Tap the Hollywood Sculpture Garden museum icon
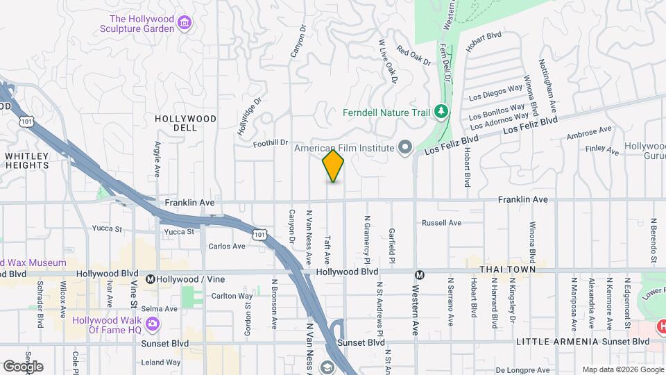[185, 24]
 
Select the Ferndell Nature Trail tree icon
[439, 112]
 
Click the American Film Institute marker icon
[405, 147]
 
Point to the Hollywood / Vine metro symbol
[150, 279]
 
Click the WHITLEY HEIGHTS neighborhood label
[27, 160]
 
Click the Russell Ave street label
[442, 223]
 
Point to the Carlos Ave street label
[228, 246]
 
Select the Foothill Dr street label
[271, 142]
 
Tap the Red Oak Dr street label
[413, 55]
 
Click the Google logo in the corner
[22, 367]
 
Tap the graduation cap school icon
[325, 367]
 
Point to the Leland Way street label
[161, 362]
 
